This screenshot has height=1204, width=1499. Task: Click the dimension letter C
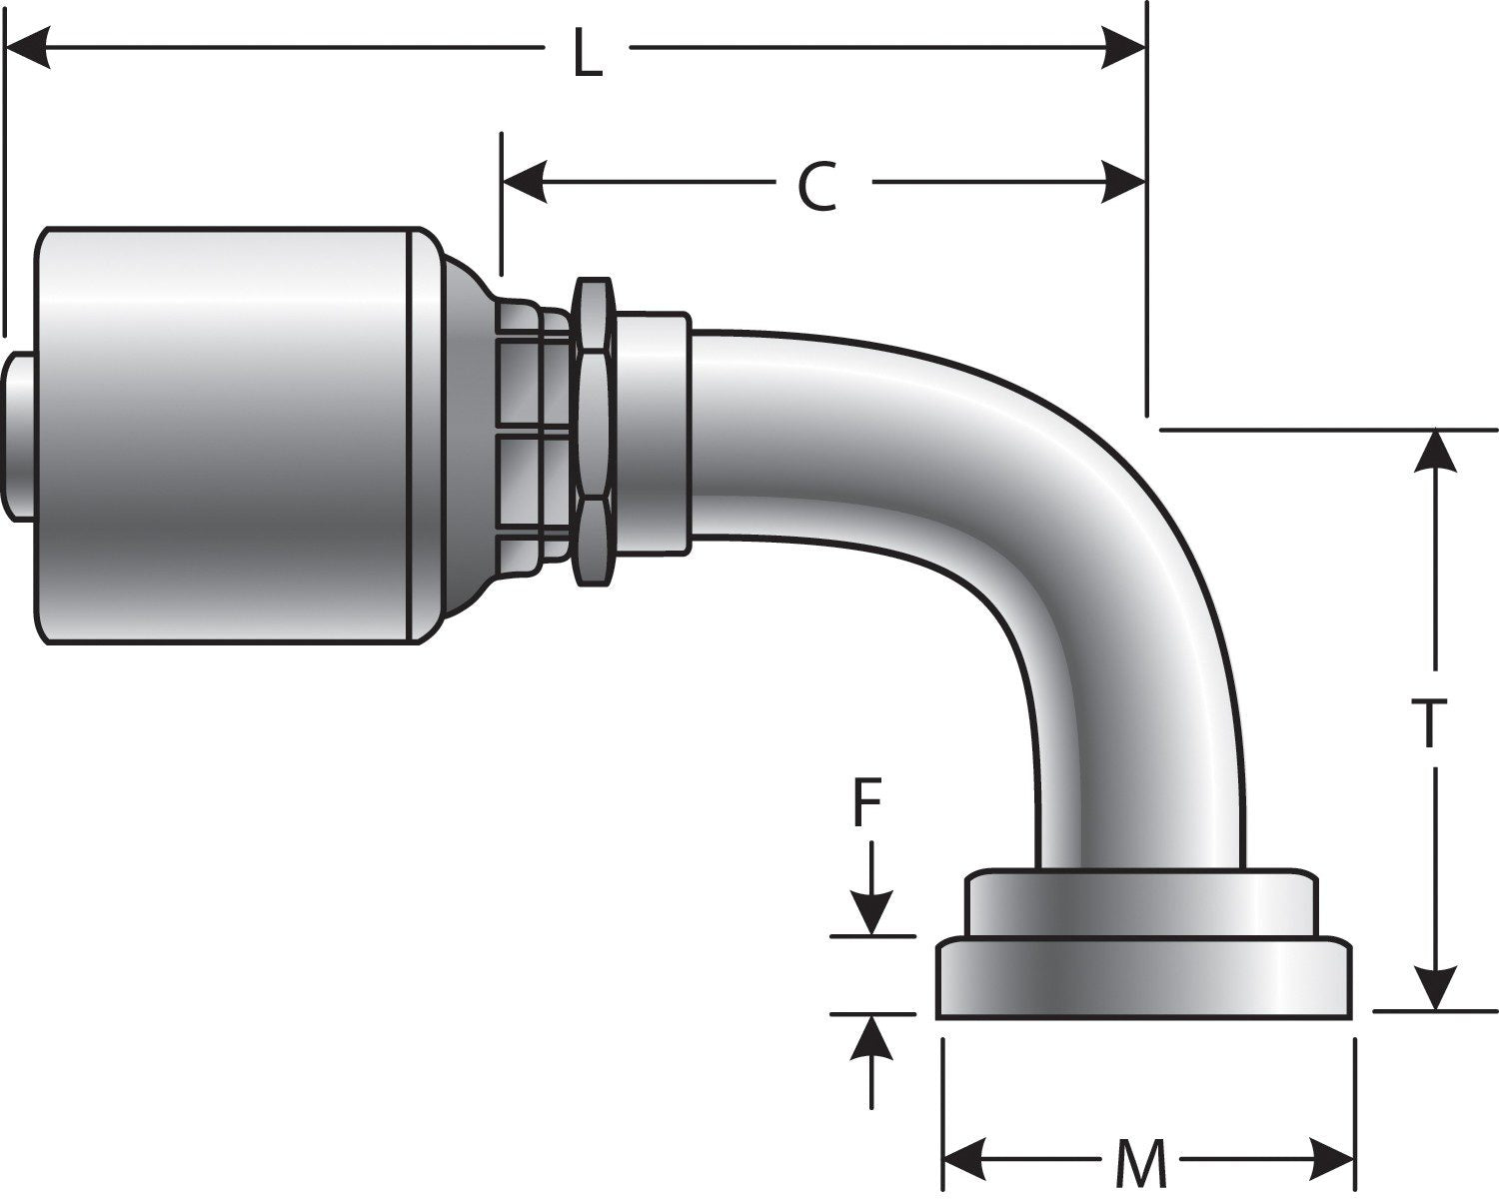point(816,187)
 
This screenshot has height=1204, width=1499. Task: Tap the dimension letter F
point(867,804)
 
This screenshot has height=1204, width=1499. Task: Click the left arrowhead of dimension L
point(28,47)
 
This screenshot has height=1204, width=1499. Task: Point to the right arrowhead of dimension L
point(1123,47)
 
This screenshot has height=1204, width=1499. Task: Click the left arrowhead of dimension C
point(523,183)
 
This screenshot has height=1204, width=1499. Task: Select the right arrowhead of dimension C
point(1123,183)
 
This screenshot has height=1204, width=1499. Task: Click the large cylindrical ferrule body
point(225,435)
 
